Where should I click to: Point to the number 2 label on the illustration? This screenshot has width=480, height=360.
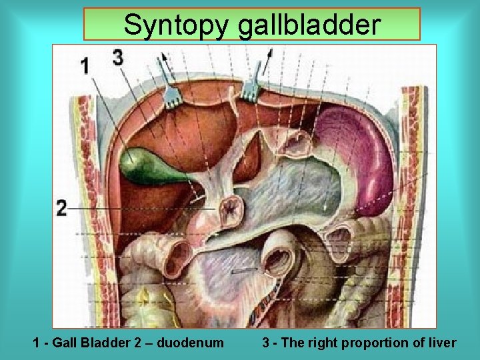tap(61, 208)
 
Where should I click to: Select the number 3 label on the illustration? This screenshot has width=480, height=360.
tap(118, 58)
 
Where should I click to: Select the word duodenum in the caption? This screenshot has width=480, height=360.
tap(191, 343)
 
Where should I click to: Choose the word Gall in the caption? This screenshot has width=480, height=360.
tap(65, 343)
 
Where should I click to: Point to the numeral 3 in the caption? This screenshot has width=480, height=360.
tap(265, 343)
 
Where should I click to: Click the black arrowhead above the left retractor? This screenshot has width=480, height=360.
tap(161, 59)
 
